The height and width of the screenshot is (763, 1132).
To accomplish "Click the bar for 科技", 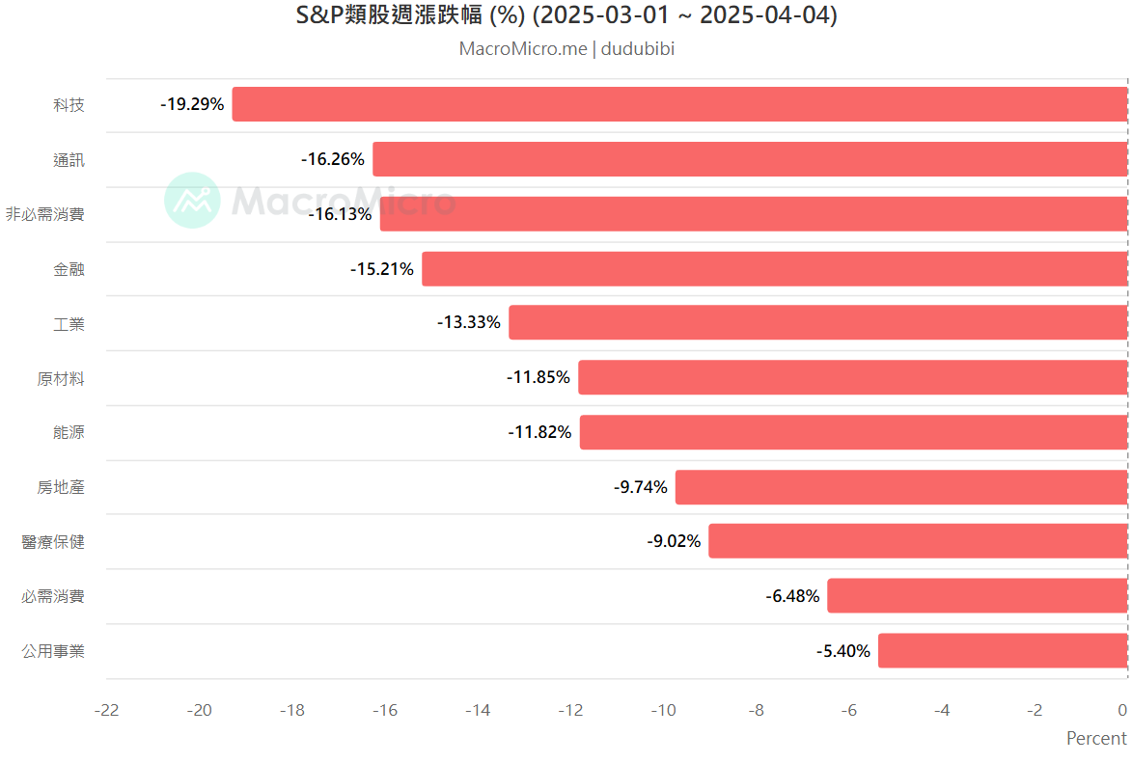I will click(679, 104).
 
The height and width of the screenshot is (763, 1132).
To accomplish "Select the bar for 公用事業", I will click(1003, 651).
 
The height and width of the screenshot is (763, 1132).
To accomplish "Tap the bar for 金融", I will click(775, 269).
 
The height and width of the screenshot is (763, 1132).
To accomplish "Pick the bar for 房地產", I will click(901, 487).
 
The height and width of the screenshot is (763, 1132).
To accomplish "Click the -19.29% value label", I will click(192, 104).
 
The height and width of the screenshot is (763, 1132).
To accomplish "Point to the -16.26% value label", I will click(333, 159).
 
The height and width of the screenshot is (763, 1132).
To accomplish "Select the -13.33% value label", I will click(469, 323).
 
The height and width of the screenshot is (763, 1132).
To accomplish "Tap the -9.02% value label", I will click(674, 542).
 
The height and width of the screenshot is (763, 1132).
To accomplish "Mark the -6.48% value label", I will click(792, 597).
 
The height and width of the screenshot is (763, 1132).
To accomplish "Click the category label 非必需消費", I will click(45, 214).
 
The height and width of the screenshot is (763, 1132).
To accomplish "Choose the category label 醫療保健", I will click(53, 542).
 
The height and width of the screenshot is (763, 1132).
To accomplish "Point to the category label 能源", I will click(69, 432).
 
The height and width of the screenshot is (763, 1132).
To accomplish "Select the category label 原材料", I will click(61, 378).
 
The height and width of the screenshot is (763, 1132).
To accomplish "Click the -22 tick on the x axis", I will click(106, 711).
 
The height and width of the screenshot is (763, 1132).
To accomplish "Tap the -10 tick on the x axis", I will click(663, 711).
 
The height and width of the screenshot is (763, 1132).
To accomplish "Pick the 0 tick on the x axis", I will click(1122, 711).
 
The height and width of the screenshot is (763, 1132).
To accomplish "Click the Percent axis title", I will click(1096, 739).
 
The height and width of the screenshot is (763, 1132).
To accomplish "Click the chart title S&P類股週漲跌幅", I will click(566, 16).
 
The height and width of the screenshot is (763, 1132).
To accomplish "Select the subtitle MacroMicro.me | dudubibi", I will click(566, 49).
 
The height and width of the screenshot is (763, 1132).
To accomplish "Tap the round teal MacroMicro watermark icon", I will click(192, 201).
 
